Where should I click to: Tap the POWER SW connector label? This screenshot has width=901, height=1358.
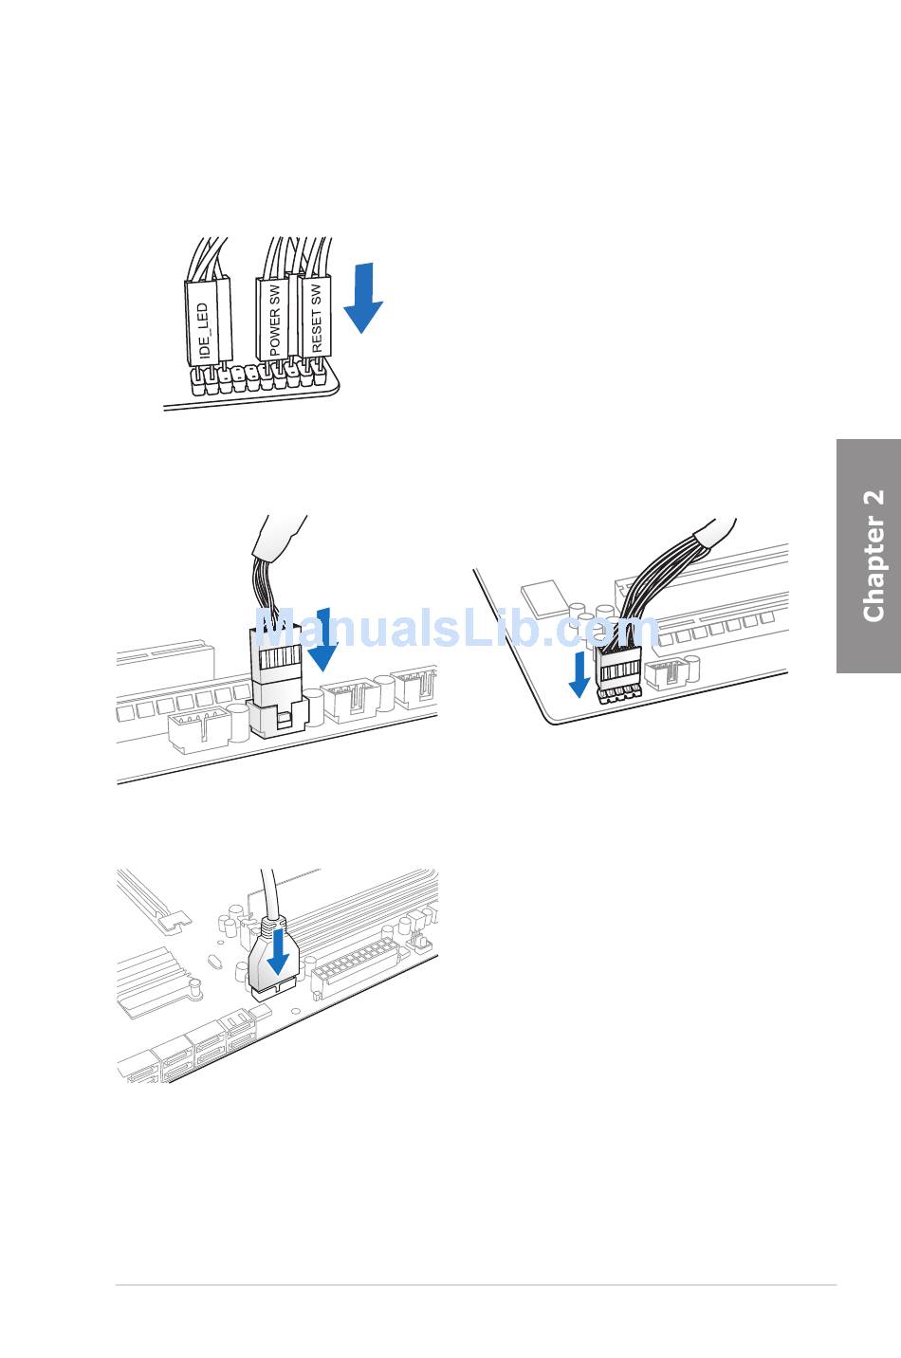(x=274, y=320)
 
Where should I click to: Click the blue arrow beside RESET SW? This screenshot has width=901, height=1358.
(x=362, y=298)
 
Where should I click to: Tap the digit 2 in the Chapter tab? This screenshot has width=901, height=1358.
(x=873, y=501)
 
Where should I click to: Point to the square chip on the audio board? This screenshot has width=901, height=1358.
(x=543, y=597)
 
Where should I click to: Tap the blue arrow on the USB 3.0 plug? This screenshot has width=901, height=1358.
(x=277, y=951)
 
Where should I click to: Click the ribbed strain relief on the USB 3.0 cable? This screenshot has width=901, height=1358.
(x=272, y=924)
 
